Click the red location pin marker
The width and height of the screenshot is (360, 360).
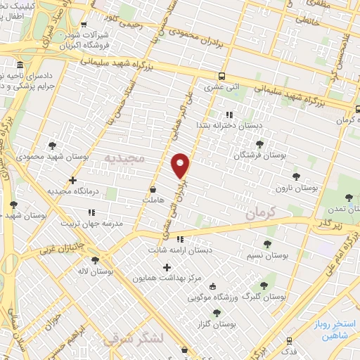181,165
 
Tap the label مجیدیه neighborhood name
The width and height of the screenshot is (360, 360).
124,158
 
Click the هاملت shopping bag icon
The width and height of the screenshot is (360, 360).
153,189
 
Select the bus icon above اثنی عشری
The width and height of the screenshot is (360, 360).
222,77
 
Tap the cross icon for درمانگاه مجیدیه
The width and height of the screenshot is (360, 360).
73,181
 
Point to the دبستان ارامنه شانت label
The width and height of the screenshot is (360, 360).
179,249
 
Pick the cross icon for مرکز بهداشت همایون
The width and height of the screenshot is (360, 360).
167,266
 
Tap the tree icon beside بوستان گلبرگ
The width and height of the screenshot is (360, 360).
264,285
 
